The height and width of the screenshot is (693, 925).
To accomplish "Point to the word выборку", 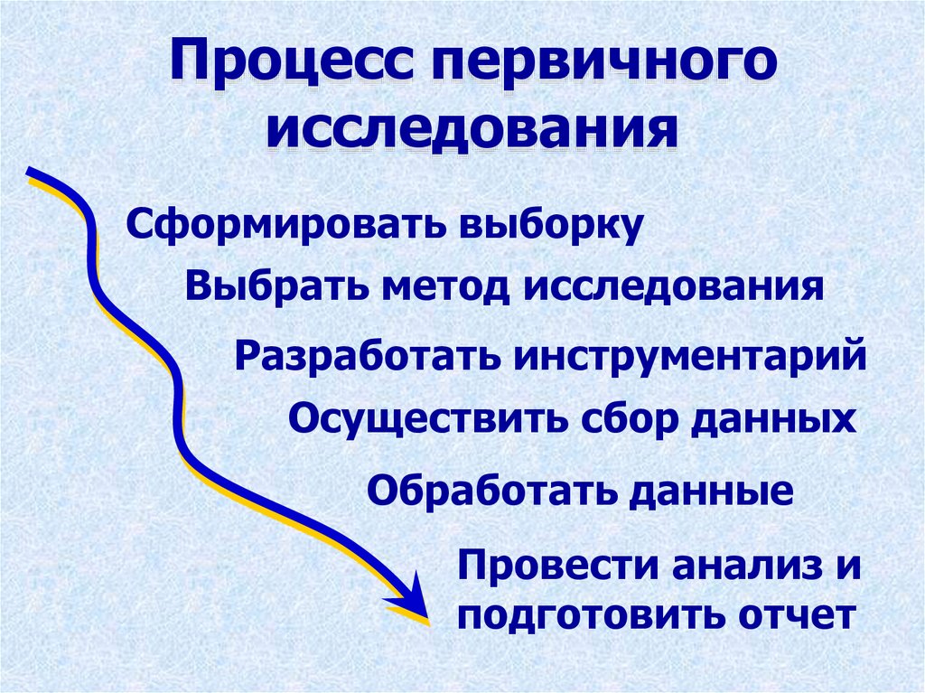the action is pos(552,225).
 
